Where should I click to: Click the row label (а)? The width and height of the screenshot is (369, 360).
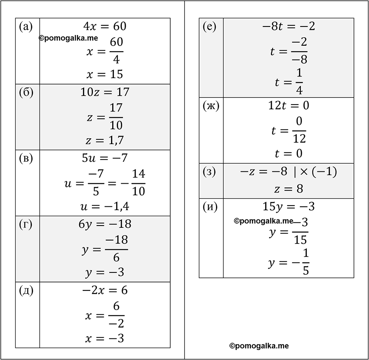click(x=26, y=27)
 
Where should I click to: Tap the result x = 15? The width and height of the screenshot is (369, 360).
click(x=105, y=74)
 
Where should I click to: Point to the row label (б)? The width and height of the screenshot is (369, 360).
click(x=26, y=93)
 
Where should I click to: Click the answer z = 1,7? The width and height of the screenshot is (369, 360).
click(x=105, y=140)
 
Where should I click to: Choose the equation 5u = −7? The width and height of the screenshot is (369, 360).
click(x=105, y=158)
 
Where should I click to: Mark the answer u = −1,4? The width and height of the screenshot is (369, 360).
click(x=105, y=206)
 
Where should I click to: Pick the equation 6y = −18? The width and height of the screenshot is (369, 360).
click(x=105, y=224)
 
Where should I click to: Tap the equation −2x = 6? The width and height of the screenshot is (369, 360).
click(x=105, y=290)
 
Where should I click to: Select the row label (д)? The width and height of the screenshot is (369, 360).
click(x=26, y=291)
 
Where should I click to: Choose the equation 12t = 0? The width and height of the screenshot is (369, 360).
click(x=289, y=105)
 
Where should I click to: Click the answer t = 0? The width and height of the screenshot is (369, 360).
click(x=289, y=153)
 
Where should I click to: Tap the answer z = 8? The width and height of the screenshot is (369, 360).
click(x=289, y=189)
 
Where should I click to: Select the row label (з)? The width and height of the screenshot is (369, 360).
click(x=209, y=172)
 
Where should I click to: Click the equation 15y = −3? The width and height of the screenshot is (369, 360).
click(x=289, y=207)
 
